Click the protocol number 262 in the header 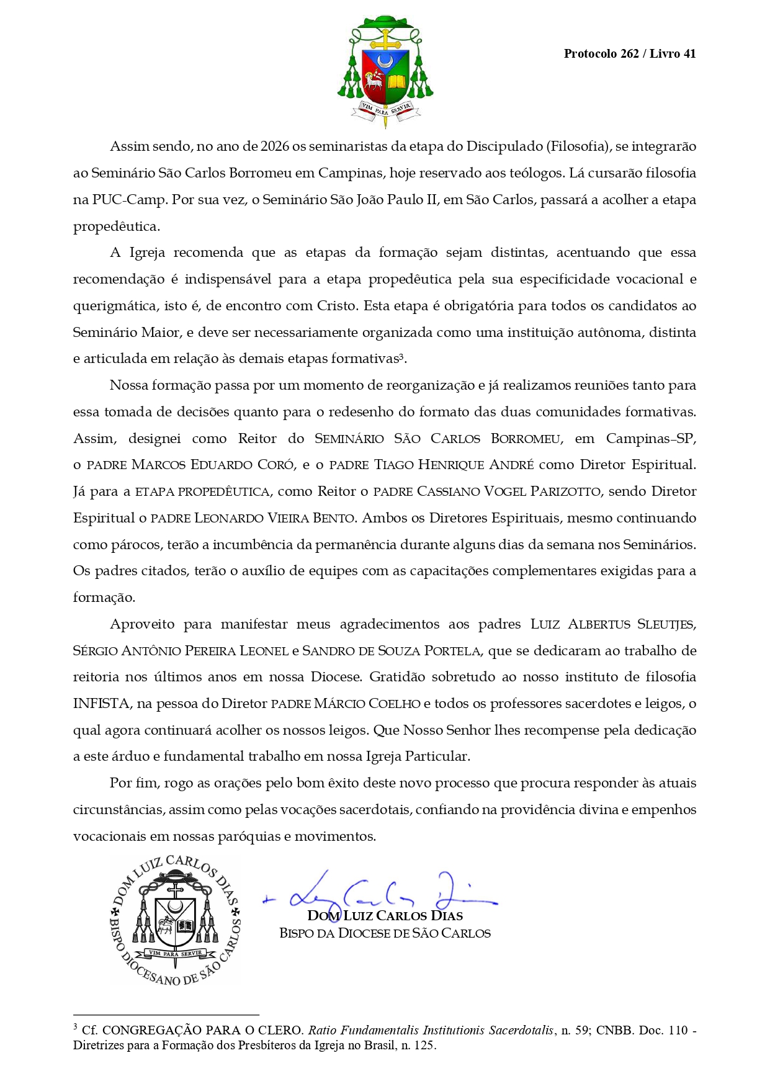629,54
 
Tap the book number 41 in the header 689,54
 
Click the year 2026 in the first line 275,146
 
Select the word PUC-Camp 128,200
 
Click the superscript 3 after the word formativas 401,356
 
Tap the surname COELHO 394,704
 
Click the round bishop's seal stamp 176,920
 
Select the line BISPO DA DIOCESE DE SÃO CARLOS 385,933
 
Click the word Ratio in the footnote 323,1031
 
